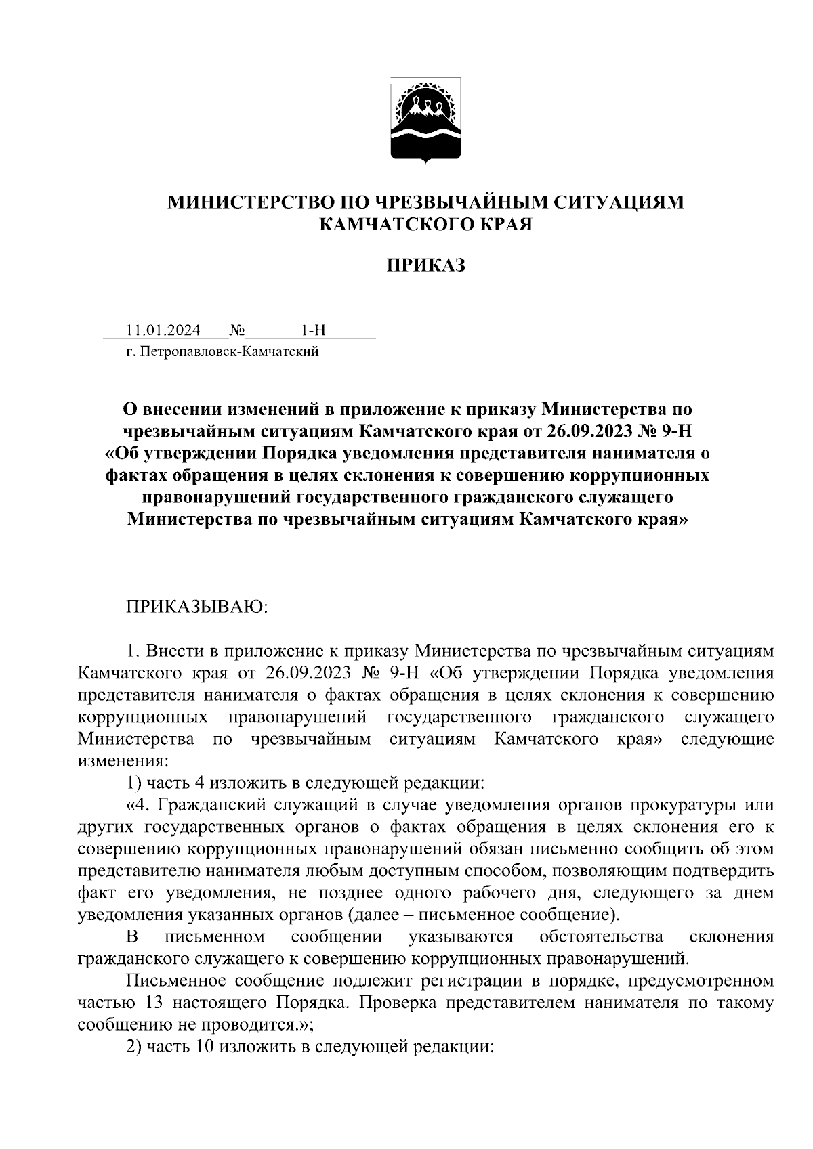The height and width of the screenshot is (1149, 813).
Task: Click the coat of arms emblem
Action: (426, 120)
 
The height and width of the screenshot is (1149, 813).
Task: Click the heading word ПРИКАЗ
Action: (425, 266)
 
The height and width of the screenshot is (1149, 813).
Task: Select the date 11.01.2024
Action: (163, 330)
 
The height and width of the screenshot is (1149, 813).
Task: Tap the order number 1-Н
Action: (314, 330)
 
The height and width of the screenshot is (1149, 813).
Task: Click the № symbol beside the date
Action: (236, 330)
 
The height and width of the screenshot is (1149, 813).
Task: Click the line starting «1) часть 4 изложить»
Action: (306, 784)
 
